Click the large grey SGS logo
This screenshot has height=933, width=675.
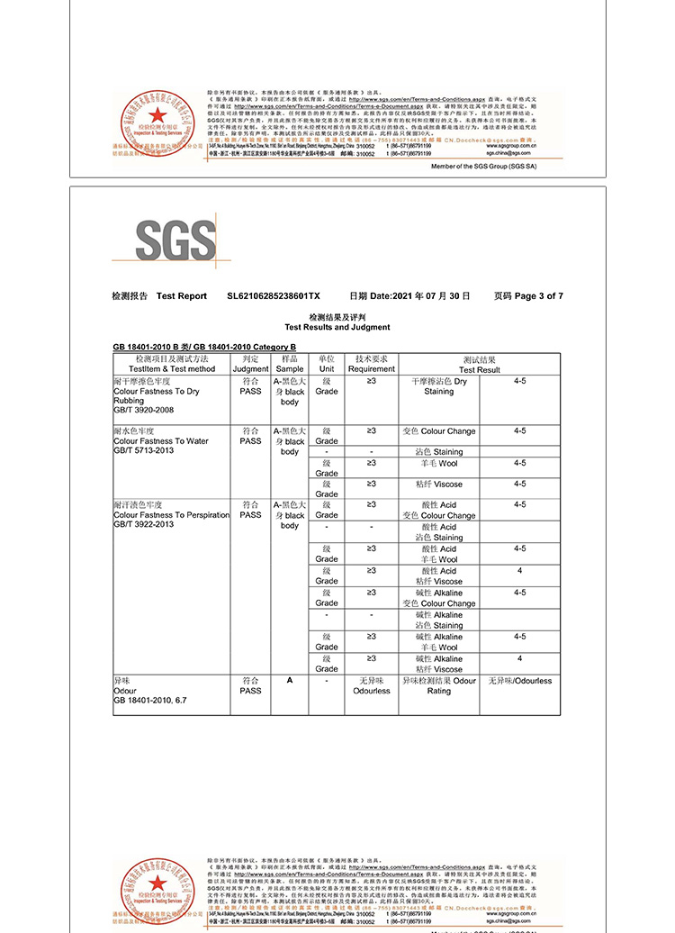pyautogui.click(x=176, y=240)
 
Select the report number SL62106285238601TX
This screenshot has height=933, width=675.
pyautogui.click(x=274, y=296)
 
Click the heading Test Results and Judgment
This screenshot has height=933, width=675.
pyautogui.click(x=337, y=328)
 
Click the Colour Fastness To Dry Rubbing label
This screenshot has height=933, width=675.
pyautogui.click(x=157, y=396)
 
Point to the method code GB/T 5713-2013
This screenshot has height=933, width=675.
pyautogui.click(x=144, y=450)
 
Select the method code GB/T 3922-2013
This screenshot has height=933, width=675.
pyautogui.click(x=144, y=524)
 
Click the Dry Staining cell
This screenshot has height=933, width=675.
pyautogui.click(x=439, y=386)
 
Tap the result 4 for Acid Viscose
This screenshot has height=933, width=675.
pyautogui.click(x=519, y=571)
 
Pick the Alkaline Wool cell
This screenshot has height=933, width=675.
pyautogui.click(x=439, y=641)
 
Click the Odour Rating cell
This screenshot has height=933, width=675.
pyautogui.click(x=439, y=685)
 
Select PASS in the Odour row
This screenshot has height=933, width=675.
pyautogui.click(x=251, y=691)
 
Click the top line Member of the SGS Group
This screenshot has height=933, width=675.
pyautogui.click(x=483, y=167)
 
